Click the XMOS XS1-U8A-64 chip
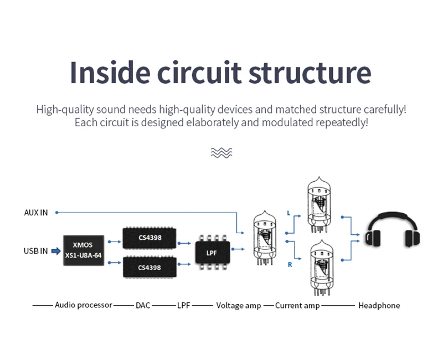(x=84, y=250)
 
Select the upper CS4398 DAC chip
(x=150, y=238)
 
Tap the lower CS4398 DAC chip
(x=150, y=267)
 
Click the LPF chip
(x=213, y=253)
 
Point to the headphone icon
(x=393, y=229)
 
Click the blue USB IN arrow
(x=56, y=251)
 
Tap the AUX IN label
(x=36, y=213)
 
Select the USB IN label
(x=35, y=251)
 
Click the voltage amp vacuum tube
(x=265, y=238)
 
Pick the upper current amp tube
(x=319, y=205)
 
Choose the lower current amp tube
(x=322, y=268)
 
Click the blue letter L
(x=289, y=213)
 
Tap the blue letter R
(x=290, y=265)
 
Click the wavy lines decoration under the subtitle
(x=221, y=153)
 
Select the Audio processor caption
(x=84, y=305)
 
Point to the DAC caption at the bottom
(x=143, y=306)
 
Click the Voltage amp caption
(x=239, y=306)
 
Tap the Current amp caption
(x=297, y=306)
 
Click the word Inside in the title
(x=110, y=73)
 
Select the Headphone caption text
(x=379, y=306)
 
